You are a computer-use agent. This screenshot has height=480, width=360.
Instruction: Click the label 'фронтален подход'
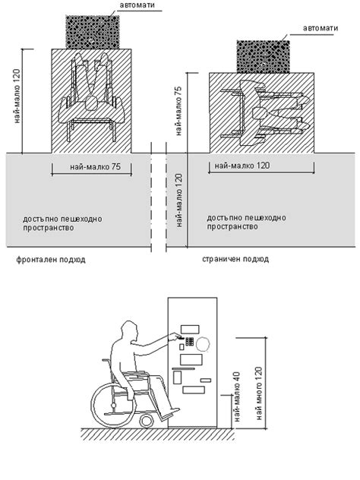click(x=51, y=260)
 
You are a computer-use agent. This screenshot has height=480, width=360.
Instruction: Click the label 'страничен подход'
click(x=235, y=259)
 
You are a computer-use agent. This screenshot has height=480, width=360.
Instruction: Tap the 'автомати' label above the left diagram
click(x=137, y=5)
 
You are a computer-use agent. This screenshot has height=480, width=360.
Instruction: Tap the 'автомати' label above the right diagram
click(x=321, y=28)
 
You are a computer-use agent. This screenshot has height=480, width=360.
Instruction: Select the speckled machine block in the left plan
click(x=93, y=32)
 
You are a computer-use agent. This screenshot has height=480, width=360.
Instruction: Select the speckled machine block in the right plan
click(x=264, y=57)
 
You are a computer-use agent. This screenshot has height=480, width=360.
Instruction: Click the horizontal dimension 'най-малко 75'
click(x=95, y=167)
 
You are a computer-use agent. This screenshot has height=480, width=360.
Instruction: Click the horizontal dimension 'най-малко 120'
click(x=242, y=166)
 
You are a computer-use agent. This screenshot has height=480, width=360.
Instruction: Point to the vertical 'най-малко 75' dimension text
click(x=178, y=111)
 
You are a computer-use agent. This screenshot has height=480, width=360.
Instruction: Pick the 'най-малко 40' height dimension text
click(x=237, y=396)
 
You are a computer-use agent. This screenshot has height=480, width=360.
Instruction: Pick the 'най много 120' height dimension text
click(x=259, y=393)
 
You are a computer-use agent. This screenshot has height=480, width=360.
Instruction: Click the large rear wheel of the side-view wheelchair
click(x=113, y=406)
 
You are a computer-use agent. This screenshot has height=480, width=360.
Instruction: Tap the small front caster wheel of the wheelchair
click(x=146, y=421)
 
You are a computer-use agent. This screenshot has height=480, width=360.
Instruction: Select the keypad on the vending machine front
click(x=189, y=341)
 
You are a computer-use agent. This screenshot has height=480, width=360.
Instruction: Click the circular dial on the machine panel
click(x=203, y=344)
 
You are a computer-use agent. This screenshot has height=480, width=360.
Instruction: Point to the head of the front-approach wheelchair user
click(x=92, y=103)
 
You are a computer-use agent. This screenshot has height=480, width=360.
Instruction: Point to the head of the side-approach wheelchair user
click(x=260, y=114)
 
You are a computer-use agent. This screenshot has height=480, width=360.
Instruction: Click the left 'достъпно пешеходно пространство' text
click(x=62, y=223)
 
